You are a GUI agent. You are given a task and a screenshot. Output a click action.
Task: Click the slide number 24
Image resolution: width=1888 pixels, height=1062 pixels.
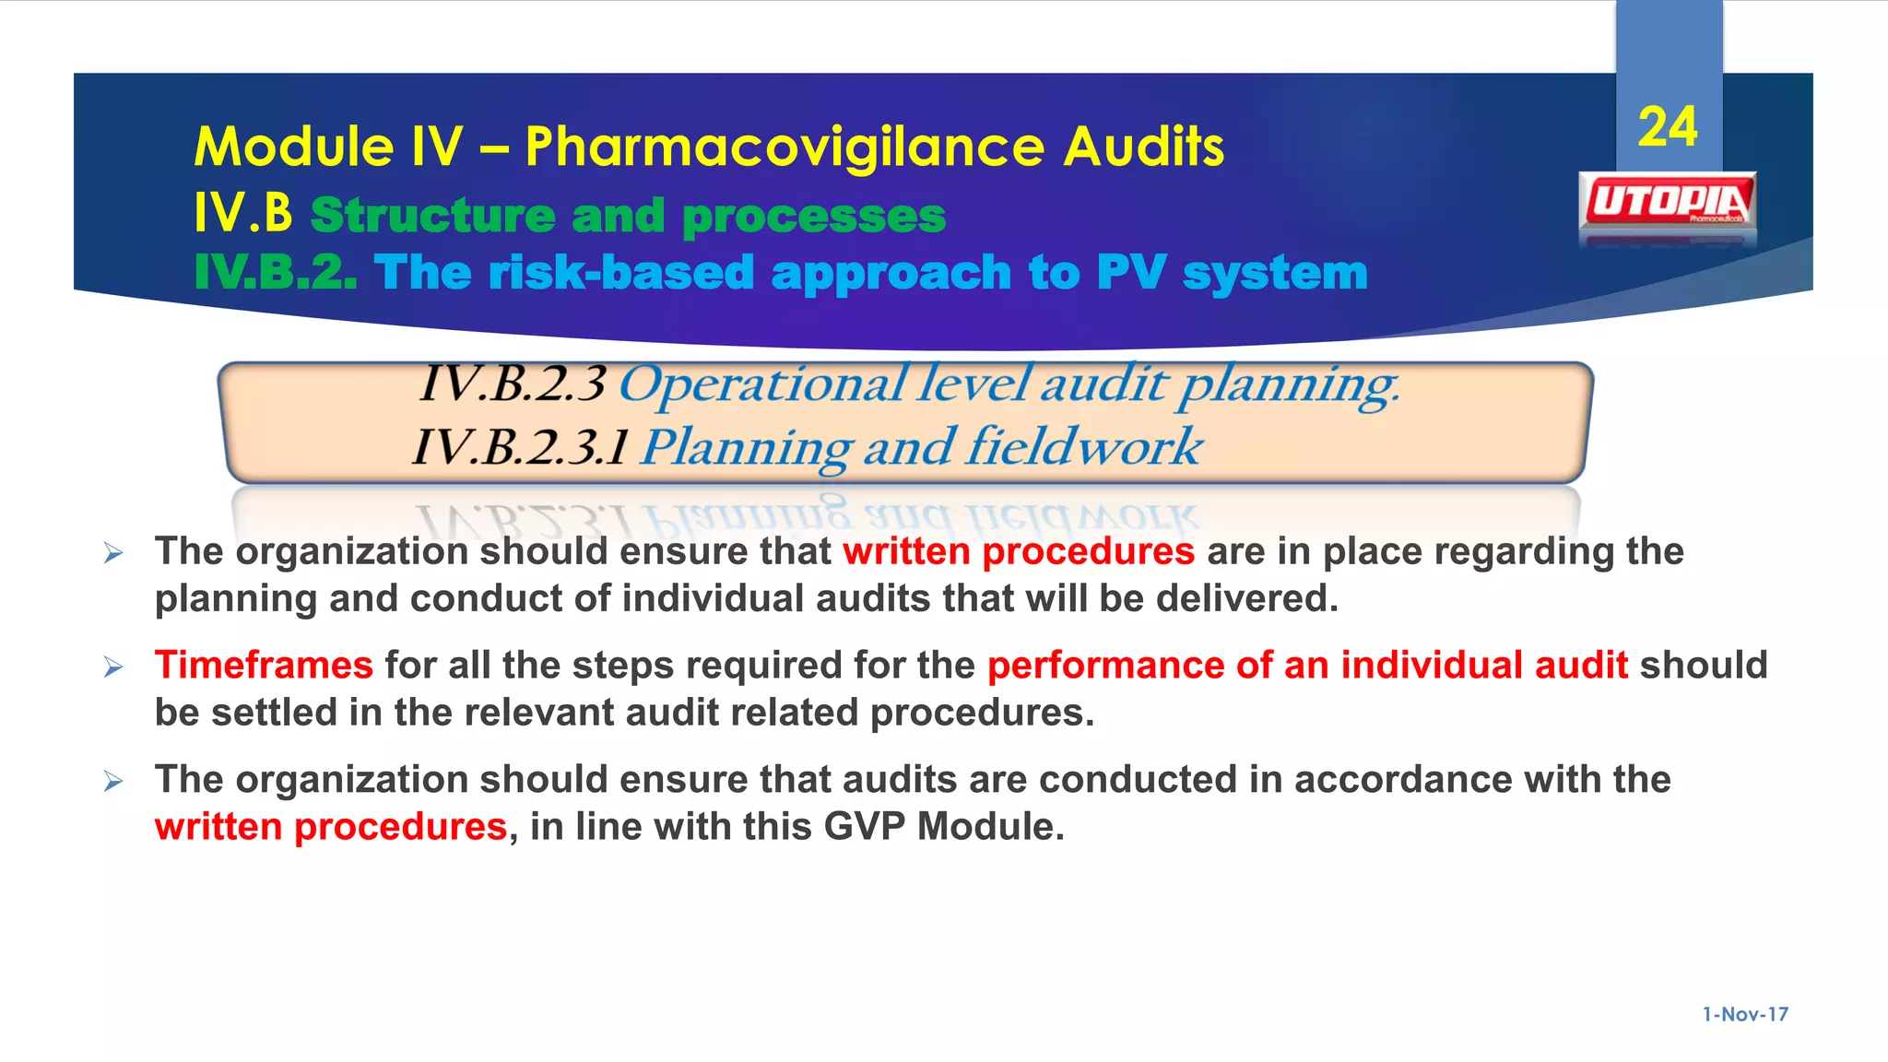click(x=1667, y=127)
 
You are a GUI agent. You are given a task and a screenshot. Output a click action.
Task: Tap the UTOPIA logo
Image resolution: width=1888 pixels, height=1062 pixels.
click(x=1669, y=201)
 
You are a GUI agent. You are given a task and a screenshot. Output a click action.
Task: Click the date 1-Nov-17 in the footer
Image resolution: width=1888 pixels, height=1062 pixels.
click(x=1745, y=1014)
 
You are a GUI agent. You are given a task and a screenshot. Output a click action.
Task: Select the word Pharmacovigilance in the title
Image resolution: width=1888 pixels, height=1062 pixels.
click(x=783, y=147)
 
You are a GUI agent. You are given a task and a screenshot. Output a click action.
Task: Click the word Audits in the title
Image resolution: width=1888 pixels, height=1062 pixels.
click(x=1143, y=147)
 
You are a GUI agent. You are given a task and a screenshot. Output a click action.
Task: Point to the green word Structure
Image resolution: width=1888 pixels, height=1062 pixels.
click(x=432, y=216)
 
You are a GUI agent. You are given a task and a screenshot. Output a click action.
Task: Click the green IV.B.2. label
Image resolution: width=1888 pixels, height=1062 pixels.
click(x=275, y=273)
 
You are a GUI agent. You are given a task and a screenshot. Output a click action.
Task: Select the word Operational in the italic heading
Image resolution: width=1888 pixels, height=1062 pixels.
click(x=762, y=384)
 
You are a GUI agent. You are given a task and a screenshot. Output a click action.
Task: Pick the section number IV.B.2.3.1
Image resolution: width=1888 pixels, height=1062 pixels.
click(x=521, y=447)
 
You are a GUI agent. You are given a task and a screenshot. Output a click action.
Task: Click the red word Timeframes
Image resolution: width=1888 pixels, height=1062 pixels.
click(x=264, y=665)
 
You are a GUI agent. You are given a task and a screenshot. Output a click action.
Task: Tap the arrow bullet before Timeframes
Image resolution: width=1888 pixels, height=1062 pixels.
click(x=113, y=667)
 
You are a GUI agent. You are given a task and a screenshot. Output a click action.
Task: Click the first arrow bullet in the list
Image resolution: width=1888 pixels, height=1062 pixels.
click(x=113, y=553)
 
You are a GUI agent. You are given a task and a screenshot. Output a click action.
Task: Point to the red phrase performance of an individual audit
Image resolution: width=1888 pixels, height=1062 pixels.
click(x=1307, y=665)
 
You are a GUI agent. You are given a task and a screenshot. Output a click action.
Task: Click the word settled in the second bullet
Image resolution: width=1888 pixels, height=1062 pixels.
click(x=274, y=713)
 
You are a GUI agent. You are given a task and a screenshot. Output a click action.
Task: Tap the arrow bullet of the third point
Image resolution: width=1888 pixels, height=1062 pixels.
click(x=113, y=782)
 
